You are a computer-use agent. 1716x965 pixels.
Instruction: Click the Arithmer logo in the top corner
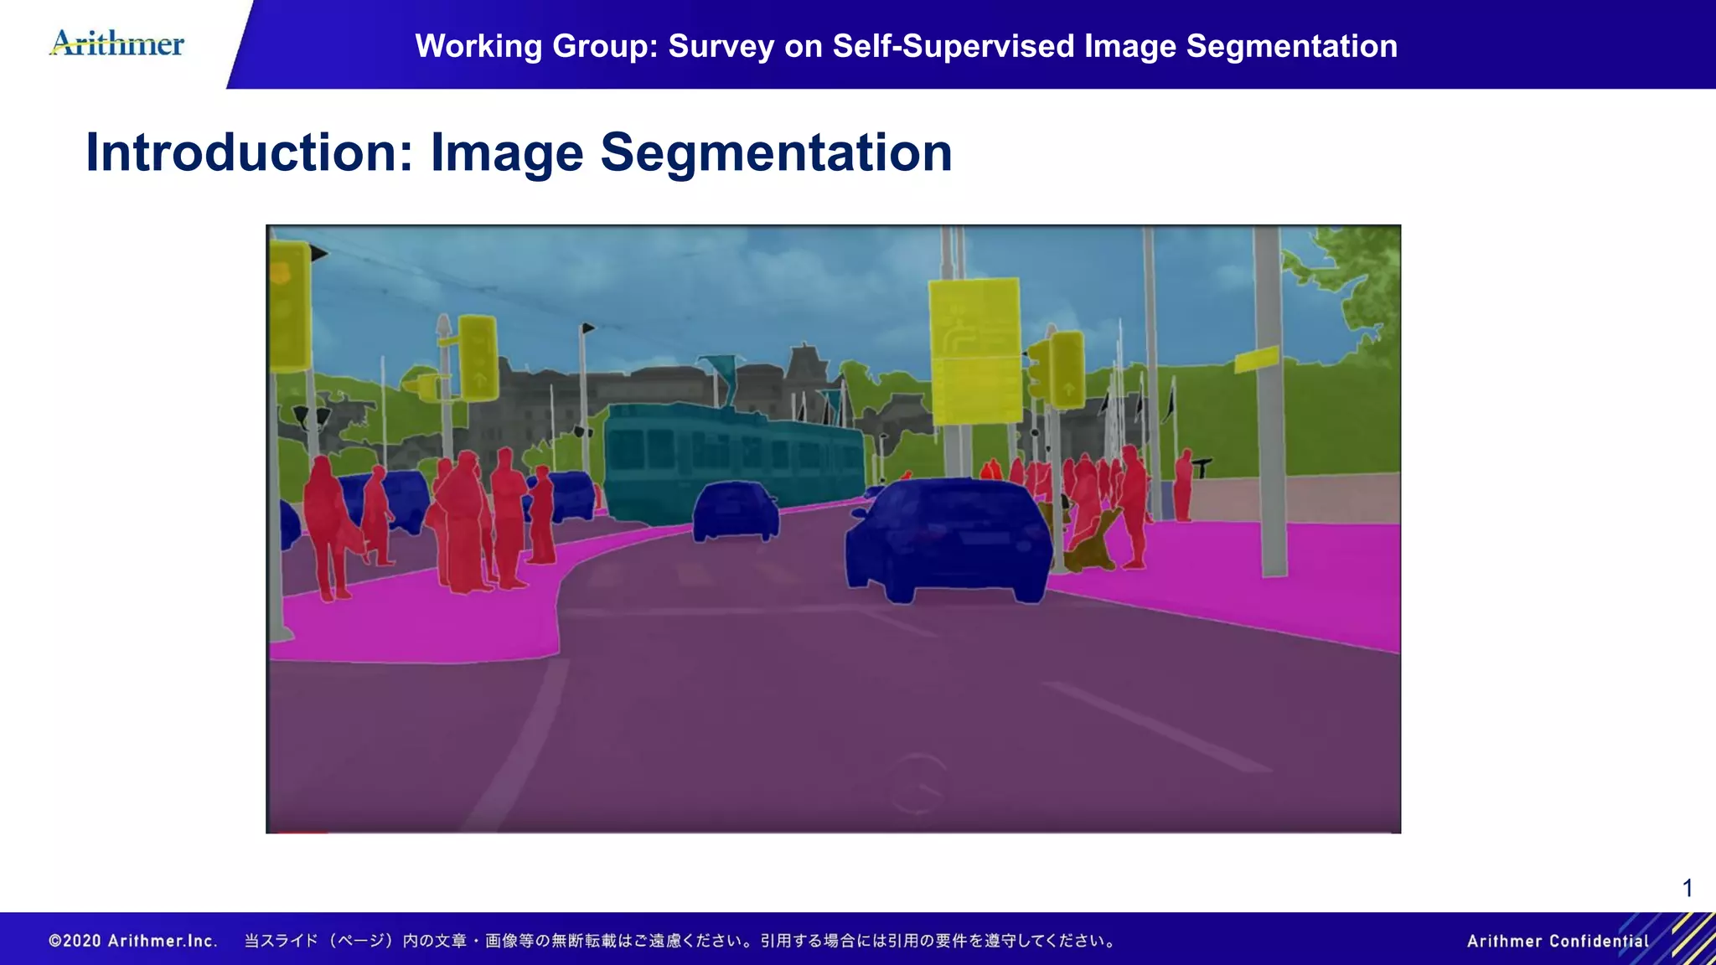[117, 43]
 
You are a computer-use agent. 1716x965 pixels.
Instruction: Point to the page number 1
[1688, 888]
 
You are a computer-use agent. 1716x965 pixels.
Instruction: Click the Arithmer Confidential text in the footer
[1557, 941]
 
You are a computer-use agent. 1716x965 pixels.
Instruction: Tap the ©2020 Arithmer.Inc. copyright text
[132, 941]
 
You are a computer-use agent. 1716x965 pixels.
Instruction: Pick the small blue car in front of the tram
[735, 511]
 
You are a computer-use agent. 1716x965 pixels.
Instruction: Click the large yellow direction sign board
[975, 350]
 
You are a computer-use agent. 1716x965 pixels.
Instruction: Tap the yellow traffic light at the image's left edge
[288, 306]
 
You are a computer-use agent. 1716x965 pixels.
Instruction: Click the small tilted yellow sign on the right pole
[1256, 360]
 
